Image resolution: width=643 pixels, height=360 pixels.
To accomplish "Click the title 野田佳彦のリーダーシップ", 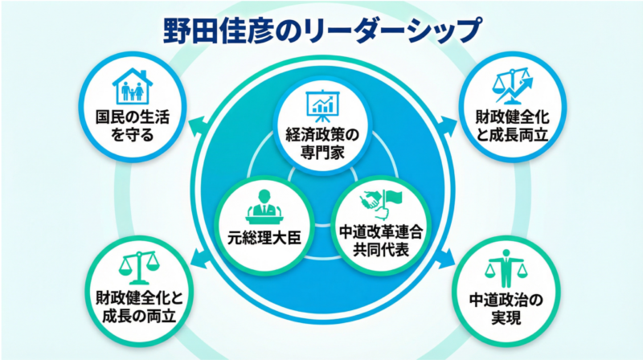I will pyautogui.click(x=321, y=28).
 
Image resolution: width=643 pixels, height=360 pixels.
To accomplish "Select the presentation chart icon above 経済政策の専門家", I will pyautogui.click(x=321, y=104).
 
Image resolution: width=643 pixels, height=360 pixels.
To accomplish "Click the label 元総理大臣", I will pyautogui.click(x=263, y=237).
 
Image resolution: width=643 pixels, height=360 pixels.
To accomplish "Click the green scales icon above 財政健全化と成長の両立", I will pyautogui.click(x=135, y=264).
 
